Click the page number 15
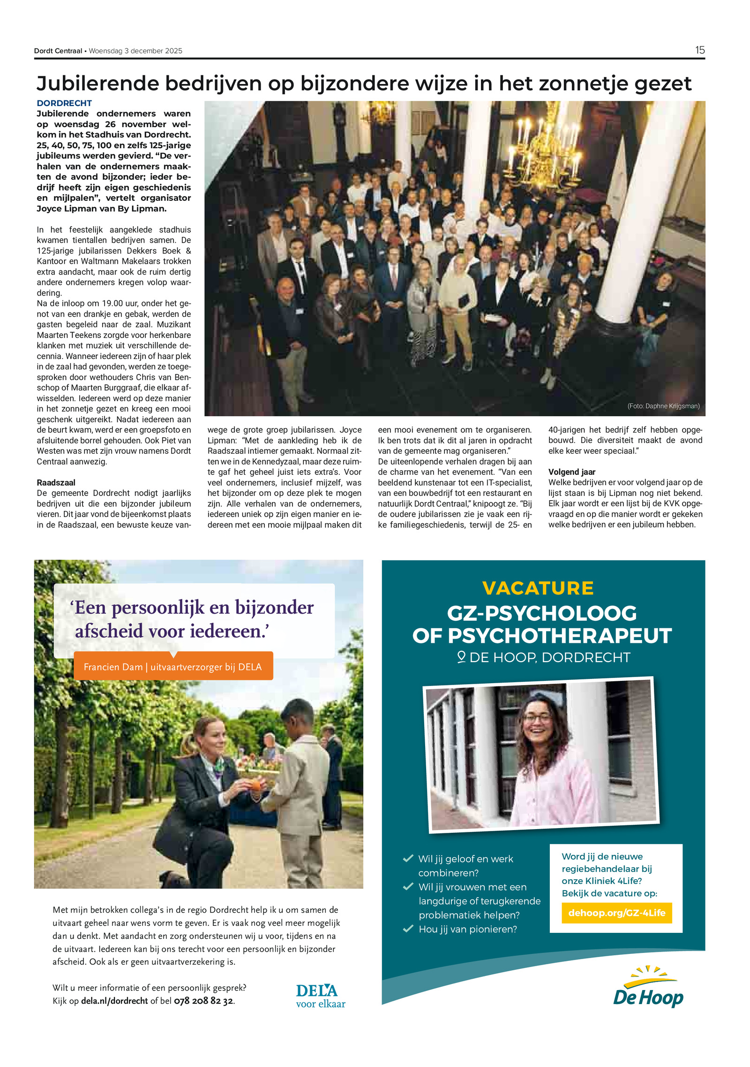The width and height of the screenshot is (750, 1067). tap(699, 50)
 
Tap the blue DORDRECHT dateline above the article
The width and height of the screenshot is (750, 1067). tap(64, 103)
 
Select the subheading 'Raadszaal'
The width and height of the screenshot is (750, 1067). tap(56, 482)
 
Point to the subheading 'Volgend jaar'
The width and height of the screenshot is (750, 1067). tap(571, 472)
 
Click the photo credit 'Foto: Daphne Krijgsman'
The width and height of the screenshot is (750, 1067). tap(663, 406)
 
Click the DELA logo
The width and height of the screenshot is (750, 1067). tap(320, 996)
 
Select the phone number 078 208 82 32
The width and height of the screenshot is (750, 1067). tap(203, 1001)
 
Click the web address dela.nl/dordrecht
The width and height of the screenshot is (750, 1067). tap(114, 1001)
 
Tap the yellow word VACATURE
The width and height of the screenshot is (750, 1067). tap(538, 588)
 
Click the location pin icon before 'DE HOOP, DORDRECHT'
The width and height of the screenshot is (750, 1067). tap(461, 657)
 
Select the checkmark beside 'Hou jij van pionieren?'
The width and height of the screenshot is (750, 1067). tap(408, 929)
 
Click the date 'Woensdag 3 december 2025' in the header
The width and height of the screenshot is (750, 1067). tap(135, 51)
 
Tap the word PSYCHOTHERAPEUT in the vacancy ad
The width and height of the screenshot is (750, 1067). tap(559, 636)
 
